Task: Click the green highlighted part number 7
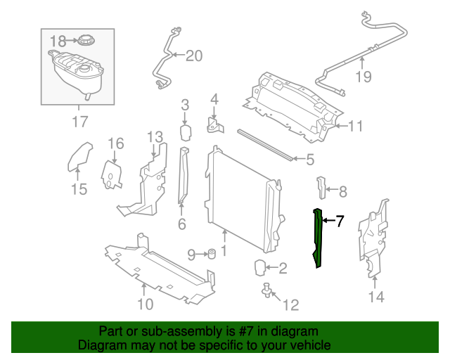tap(318, 238)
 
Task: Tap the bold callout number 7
tap(340, 221)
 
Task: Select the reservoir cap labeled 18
tap(86, 39)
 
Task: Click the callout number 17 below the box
tap(80, 122)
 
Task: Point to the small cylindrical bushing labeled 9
tap(212, 254)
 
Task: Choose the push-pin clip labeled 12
tap(267, 290)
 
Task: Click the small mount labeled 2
tap(260, 268)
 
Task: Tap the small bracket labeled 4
tap(214, 125)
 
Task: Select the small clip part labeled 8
tap(322, 188)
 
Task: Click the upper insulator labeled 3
tap(186, 133)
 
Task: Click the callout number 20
tap(194, 56)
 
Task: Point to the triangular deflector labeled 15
tap(79, 157)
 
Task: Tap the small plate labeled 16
tap(111, 175)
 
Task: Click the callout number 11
tap(355, 126)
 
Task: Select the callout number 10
tap(146, 304)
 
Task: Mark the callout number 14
tap(376, 297)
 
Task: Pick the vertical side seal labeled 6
tap(183, 175)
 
